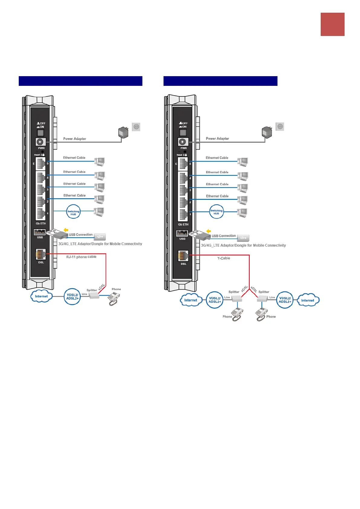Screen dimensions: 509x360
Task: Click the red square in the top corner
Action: point(332,24)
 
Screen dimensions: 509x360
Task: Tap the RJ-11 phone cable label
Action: point(81,257)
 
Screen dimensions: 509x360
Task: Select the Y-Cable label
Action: point(224,258)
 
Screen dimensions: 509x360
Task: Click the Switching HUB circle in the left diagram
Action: point(73,212)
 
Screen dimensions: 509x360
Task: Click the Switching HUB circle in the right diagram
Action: point(216,212)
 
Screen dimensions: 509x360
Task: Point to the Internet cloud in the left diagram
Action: point(41,296)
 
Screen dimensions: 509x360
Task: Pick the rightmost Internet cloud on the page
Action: point(308,300)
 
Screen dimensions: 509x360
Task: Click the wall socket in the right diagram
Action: point(280,127)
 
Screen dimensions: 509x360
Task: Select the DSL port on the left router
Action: point(41,254)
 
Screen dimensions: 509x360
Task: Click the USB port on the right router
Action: point(182,233)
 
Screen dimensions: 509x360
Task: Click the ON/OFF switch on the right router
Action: point(183,132)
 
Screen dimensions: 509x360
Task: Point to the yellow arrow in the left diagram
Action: point(66,230)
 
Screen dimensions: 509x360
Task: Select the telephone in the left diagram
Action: point(114,299)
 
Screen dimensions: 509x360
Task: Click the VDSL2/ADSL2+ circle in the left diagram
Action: point(72,297)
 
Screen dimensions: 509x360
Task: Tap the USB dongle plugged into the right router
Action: point(200,235)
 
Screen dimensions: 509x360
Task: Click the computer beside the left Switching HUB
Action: point(99,212)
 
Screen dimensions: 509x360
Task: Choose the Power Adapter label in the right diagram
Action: point(217,138)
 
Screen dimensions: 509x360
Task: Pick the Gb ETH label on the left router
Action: point(41,224)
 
